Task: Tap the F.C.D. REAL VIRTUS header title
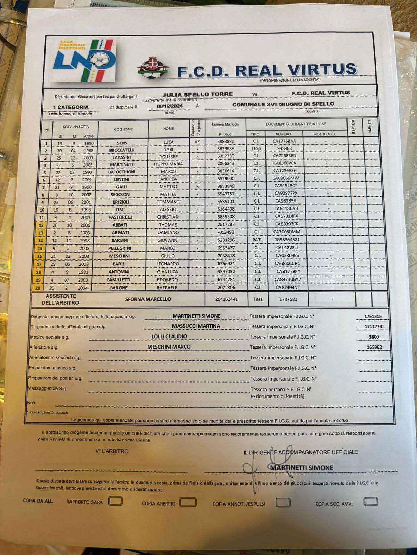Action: (x=267, y=70)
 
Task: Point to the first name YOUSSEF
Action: (x=169, y=156)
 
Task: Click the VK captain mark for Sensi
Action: (x=198, y=142)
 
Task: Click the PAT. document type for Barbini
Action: (x=257, y=240)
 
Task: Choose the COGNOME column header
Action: (x=123, y=129)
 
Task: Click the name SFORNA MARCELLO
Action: (x=148, y=299)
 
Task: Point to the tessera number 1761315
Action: (x=373, y=316)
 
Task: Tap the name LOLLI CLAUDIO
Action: (x=169, y=336)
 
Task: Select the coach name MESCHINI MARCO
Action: (x=169, y=347)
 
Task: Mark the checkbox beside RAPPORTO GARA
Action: (x=115, y=501)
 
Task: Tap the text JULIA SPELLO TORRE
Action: (x=197, y=94)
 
